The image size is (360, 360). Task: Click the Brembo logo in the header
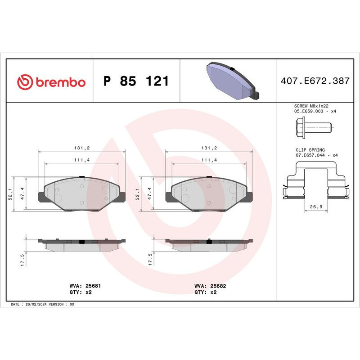[x=51, y=82]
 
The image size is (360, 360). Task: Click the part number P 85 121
[x=136, y=81]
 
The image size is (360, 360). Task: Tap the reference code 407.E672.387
[x=315, y=81]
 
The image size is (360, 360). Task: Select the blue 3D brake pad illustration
[x=231, y=81]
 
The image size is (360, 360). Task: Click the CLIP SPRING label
[x=310, y=150]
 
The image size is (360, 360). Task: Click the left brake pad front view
[x=81, y=193]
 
